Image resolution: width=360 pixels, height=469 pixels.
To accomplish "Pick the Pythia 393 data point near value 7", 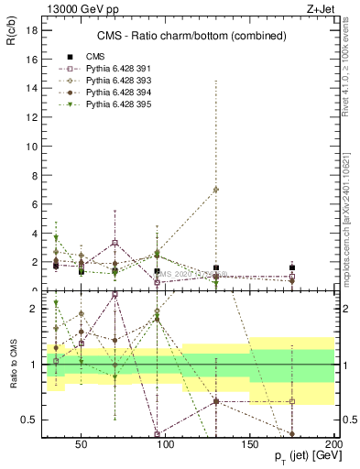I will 215,190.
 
